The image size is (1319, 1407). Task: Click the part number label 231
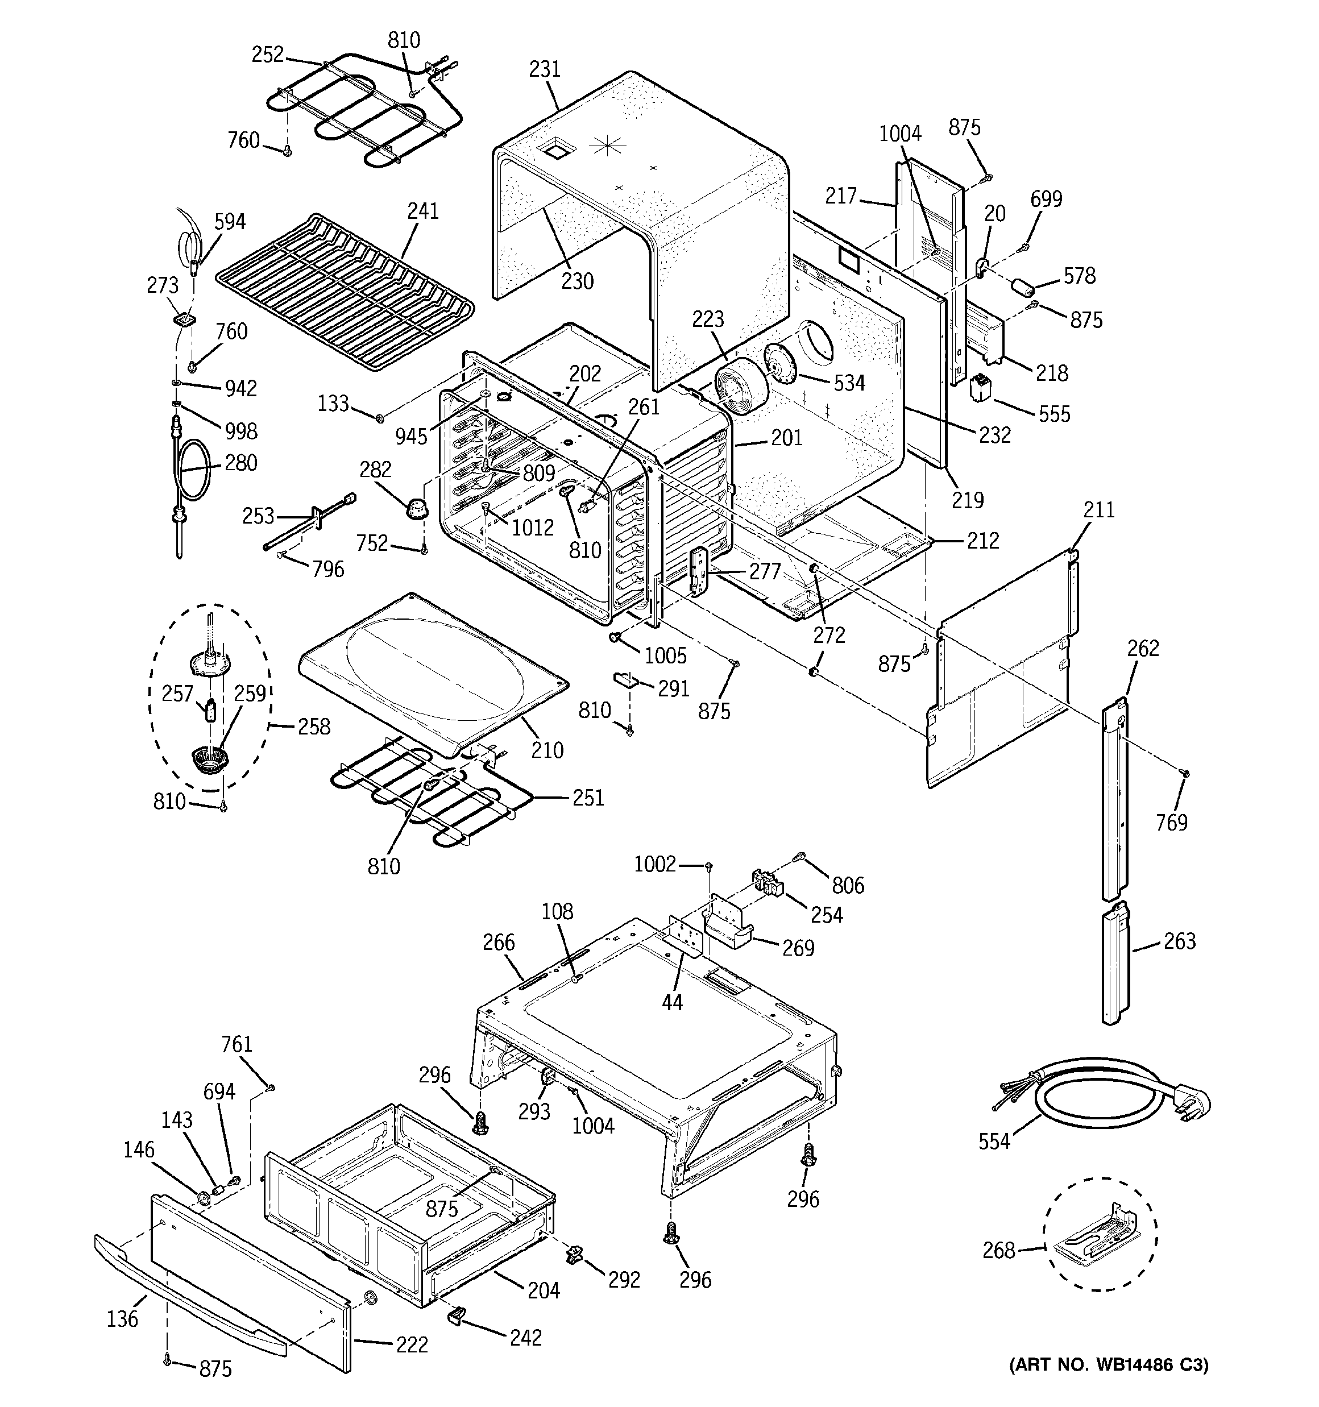(x=545, y=69)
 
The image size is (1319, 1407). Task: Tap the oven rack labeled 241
(x=343, y=290)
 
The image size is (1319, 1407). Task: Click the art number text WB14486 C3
(x=1109, y=1364)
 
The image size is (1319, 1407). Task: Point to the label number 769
(x=1172, y=823)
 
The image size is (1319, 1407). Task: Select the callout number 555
(x=1054, y=414)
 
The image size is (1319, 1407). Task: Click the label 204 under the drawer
(x=543, y=1290)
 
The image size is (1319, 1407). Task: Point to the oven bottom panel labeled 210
(x=432, y=673)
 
